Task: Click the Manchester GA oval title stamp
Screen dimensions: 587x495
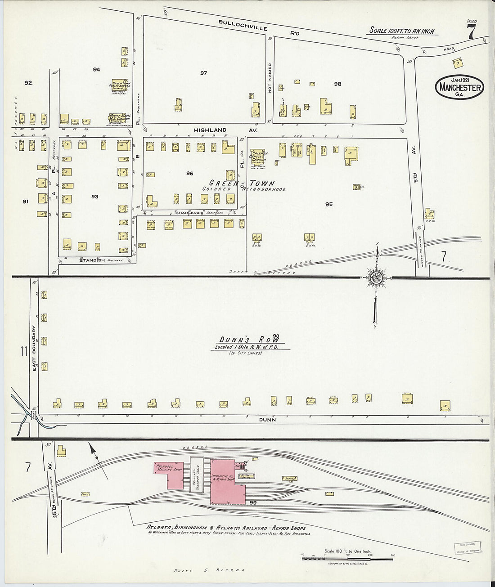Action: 459,88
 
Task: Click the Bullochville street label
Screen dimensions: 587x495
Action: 243,25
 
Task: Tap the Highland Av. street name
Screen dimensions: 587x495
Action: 225,130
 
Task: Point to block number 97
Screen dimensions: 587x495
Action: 203,73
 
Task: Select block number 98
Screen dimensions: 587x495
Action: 337,84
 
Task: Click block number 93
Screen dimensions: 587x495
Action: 94,197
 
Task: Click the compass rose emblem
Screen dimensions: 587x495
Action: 376,278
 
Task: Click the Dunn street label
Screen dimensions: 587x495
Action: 267,419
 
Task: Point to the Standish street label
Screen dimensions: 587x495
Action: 92,260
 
